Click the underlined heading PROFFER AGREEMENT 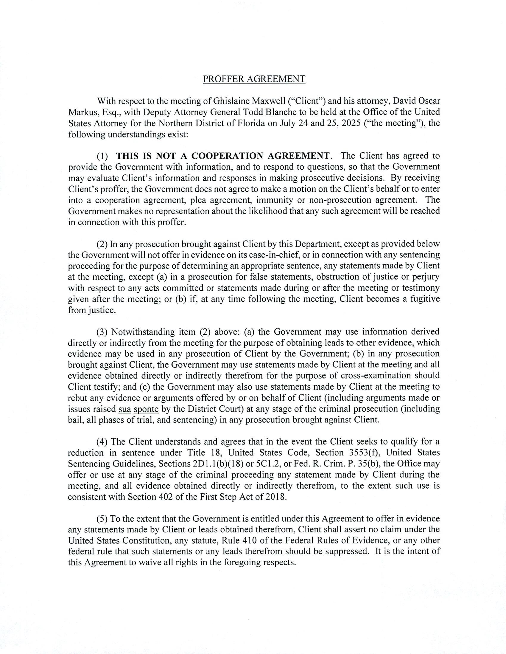coord(254,79)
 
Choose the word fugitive coord(425,299)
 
